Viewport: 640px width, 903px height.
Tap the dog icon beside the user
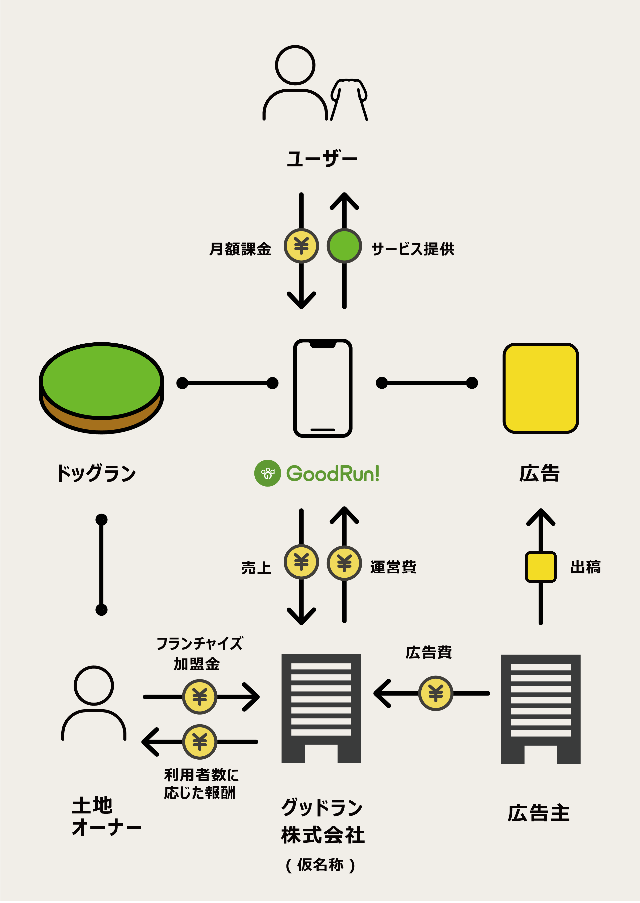coord(349,98)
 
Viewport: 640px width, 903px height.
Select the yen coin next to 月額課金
coord(301,246)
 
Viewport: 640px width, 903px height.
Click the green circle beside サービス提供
coord(344,246)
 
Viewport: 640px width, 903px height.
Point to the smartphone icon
coord(322,388)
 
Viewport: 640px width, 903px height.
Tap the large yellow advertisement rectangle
coord(540,388)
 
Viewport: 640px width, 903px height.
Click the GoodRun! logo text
coord(332,473)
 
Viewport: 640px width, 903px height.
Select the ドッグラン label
coord(96,473)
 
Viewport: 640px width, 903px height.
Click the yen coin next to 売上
coord(301,562)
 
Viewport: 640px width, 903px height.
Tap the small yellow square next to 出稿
coord(540,567)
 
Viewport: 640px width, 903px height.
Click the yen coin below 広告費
coord(435,694)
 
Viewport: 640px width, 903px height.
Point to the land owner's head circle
coord(94,686)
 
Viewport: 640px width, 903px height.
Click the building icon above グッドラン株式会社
coord(321,708)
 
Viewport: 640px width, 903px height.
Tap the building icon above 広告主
coord(540,709)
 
